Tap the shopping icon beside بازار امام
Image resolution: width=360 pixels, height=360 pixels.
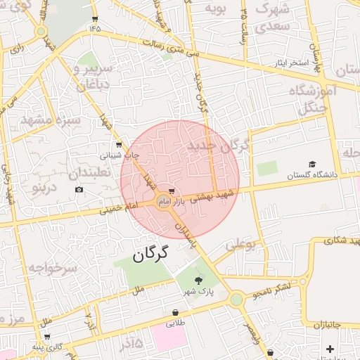coord(173,191)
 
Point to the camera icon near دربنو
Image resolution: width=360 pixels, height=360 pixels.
coord(79,189)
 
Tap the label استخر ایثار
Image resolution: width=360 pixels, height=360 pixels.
coord(292,64)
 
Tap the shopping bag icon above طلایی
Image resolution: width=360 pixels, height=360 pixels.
coord(175,312)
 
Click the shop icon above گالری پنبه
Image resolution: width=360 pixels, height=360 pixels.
coord(47,337)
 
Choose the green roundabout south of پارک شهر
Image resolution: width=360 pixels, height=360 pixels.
coord(236,300)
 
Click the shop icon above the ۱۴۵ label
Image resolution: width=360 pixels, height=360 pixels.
coord(96,18)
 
